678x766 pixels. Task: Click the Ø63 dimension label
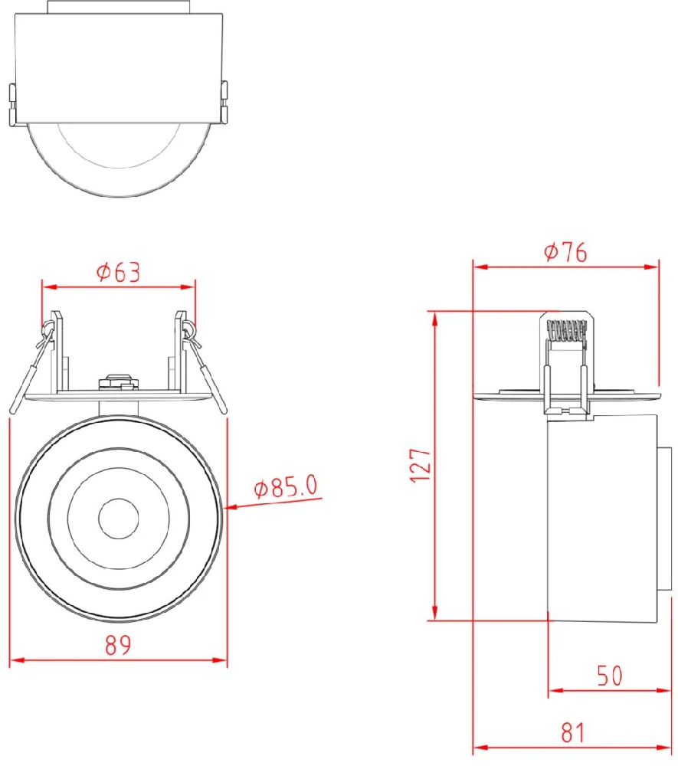click(119, 272)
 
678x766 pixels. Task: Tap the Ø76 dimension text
click(565, 252)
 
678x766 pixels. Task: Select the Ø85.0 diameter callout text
click(286, 486)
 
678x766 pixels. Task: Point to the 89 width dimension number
click(118, 645)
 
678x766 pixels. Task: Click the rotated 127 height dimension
click(420, 465)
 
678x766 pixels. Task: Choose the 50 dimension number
click(610, 676)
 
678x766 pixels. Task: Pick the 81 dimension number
click(573, 733)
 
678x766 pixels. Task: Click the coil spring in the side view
click(566, 330)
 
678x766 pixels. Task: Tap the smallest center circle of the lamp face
click(118, 519)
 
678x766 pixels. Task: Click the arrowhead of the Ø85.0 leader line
click(231, 507)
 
